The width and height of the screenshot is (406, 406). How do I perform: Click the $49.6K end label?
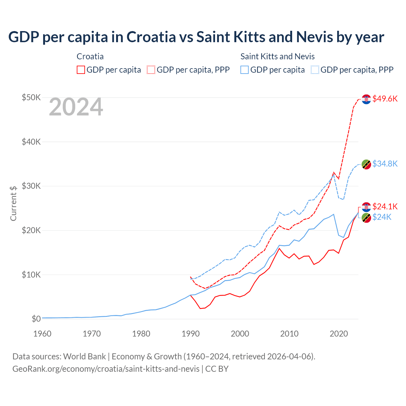(385, 99)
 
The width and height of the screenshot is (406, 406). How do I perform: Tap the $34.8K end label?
(385, 164)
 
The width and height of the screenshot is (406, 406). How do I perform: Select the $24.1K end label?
(385, 207)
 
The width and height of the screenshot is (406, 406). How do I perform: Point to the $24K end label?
(382, 217)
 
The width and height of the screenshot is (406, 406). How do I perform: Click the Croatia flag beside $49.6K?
(366, 99)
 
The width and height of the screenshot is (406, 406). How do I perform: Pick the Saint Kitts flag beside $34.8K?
(366, 164)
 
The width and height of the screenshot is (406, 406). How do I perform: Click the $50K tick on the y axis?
(31, 97)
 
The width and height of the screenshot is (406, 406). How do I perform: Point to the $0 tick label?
(36, 319)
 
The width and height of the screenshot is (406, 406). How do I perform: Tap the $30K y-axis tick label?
(31, 186)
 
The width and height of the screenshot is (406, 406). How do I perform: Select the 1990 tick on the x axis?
(191, 334)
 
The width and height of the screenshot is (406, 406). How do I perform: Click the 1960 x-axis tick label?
(43, 334)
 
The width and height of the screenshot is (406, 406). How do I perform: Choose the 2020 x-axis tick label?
(339, 334)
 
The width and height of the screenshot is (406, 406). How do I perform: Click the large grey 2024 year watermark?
(76, 107)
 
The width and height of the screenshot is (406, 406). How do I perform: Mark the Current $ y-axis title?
(13, 203)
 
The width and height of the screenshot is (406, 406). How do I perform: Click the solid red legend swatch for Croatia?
(81, 70)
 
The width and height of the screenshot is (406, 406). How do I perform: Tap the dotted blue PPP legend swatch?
(315, 70)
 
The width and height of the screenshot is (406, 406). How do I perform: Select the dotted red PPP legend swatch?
(151, 70)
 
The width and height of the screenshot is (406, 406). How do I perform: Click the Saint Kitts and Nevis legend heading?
(278, 56)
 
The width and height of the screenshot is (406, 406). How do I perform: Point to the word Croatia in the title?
(151, 37)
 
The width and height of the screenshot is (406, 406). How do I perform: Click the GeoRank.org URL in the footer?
(106, 369)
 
